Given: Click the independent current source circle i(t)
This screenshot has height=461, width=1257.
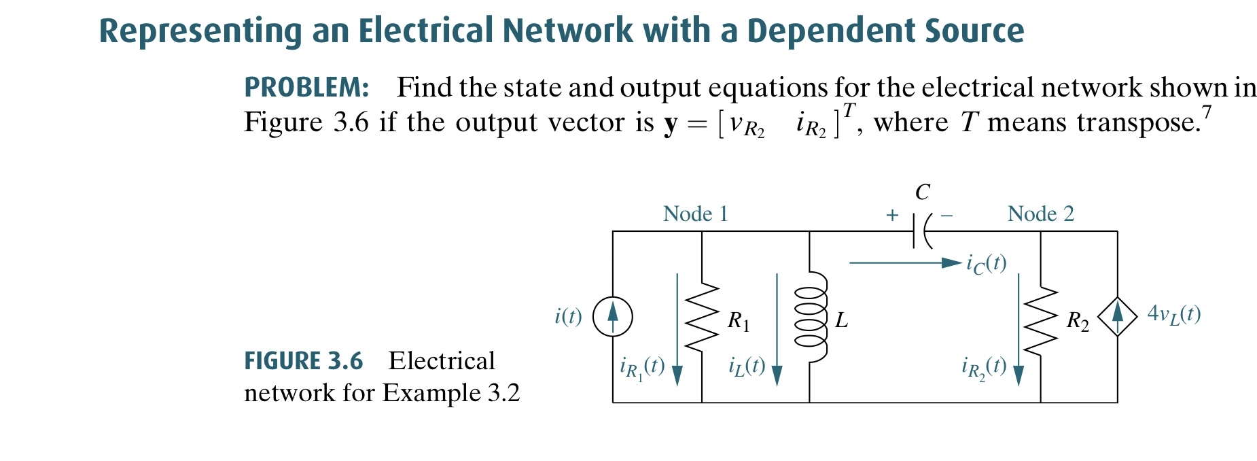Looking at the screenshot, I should tap(613, 317).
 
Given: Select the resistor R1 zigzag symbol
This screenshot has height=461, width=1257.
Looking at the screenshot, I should tap(702, 317).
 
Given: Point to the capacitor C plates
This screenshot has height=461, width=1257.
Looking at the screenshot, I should tap(921, 232).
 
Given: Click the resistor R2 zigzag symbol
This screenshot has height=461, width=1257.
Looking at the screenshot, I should tap(1040, 320).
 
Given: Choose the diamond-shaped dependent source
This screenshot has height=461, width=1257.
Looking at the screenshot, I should tap(1117, 317).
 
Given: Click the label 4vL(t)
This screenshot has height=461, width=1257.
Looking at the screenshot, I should tap(1173, 314).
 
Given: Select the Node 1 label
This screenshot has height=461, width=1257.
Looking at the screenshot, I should tap(695, 214).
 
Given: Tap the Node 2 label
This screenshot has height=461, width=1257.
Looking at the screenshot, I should tap(1040, 214).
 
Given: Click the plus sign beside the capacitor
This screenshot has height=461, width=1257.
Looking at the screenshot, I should tap(892, 216).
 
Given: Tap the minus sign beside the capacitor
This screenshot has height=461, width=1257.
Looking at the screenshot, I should tap(946, 216).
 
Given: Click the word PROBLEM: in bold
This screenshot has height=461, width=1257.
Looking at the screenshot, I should tap(306, 88).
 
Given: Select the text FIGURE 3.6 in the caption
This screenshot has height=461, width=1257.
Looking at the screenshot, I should tap(303, 361).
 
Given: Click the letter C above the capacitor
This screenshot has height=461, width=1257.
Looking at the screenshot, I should tap(922, 192).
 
